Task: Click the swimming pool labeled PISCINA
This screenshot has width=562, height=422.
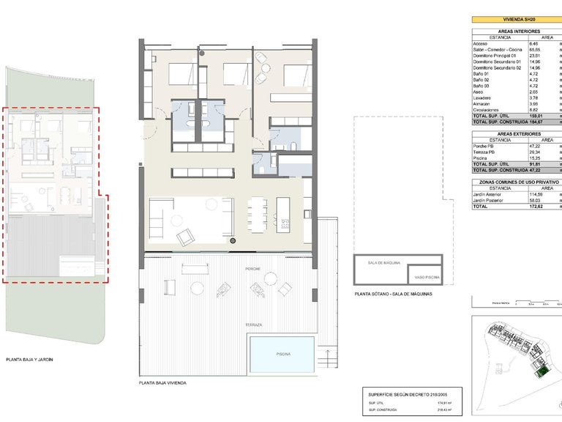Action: coord(282,353)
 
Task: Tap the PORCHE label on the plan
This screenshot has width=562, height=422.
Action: coord(253,269)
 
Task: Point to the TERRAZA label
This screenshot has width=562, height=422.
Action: coord(254,324)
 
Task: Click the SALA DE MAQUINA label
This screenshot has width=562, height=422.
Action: coord(378,262)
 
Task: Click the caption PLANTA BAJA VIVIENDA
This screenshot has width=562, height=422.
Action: coord(162,383)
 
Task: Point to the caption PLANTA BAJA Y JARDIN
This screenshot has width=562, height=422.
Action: coord(29,360)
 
